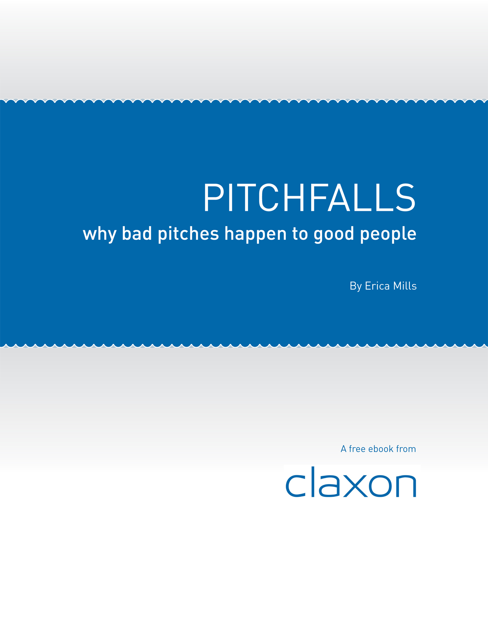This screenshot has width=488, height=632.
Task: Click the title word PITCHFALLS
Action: pos(309,198)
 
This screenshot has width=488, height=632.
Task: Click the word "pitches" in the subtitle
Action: pos(188,234)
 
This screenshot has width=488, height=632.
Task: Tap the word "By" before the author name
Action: pos(356,286)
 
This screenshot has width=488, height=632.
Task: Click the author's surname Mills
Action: pos(405,286)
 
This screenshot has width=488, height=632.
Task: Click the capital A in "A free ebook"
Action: pos(344,449)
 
